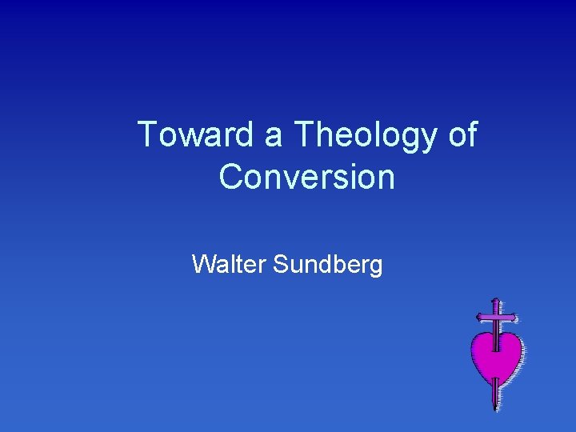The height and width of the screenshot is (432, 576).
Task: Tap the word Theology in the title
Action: (x=365, y=136)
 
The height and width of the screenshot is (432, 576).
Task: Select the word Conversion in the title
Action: (x=307, y=177)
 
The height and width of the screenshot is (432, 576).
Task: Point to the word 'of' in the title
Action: (x=462, y=134)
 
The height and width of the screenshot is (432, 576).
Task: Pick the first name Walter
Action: (x=229, y=263)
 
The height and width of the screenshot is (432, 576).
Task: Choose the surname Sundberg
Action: (x=328, y=264)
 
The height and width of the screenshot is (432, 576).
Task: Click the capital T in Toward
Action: (x=147, y=134)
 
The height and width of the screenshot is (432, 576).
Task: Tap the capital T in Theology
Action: (x=305, y=134)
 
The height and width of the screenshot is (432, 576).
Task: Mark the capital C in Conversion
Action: (x=231, y=177)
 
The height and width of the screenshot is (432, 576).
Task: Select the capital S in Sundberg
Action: (x=280, y=263)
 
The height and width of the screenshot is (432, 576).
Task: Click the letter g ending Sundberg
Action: (x=375, y=266)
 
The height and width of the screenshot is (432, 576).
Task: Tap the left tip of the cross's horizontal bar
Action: (x=478, y=317)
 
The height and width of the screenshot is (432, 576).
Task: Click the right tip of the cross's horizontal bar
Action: (x=515, y=317)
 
